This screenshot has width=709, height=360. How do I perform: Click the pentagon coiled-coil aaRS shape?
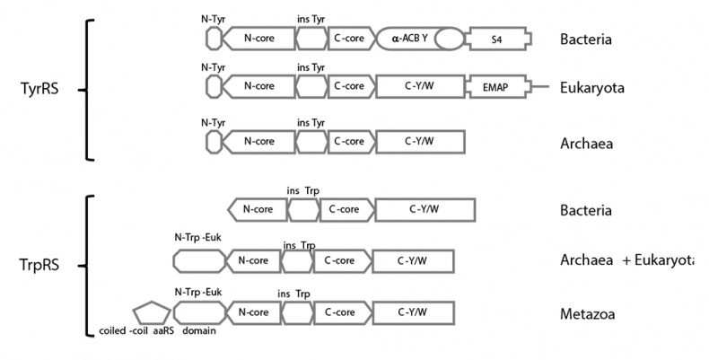coord(151,312)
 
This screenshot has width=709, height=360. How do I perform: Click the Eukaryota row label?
coord(591,88)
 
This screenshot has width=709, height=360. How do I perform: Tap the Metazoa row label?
coord(587,312)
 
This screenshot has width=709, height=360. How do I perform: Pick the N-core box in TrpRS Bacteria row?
coord(258,210)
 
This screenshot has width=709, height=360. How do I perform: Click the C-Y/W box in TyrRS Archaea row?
coord(420,141)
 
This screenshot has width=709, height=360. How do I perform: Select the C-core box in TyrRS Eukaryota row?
coord(348,87)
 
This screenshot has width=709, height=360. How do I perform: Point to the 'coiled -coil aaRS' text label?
coord(136,333)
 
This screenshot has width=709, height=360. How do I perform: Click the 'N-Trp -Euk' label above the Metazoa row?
coord(197,292)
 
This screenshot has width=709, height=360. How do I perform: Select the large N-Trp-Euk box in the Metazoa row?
coord(199,312)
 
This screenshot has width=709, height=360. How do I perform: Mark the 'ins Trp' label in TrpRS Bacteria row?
coord(303,190)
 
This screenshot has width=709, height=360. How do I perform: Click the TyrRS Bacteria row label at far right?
coord(586,40)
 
